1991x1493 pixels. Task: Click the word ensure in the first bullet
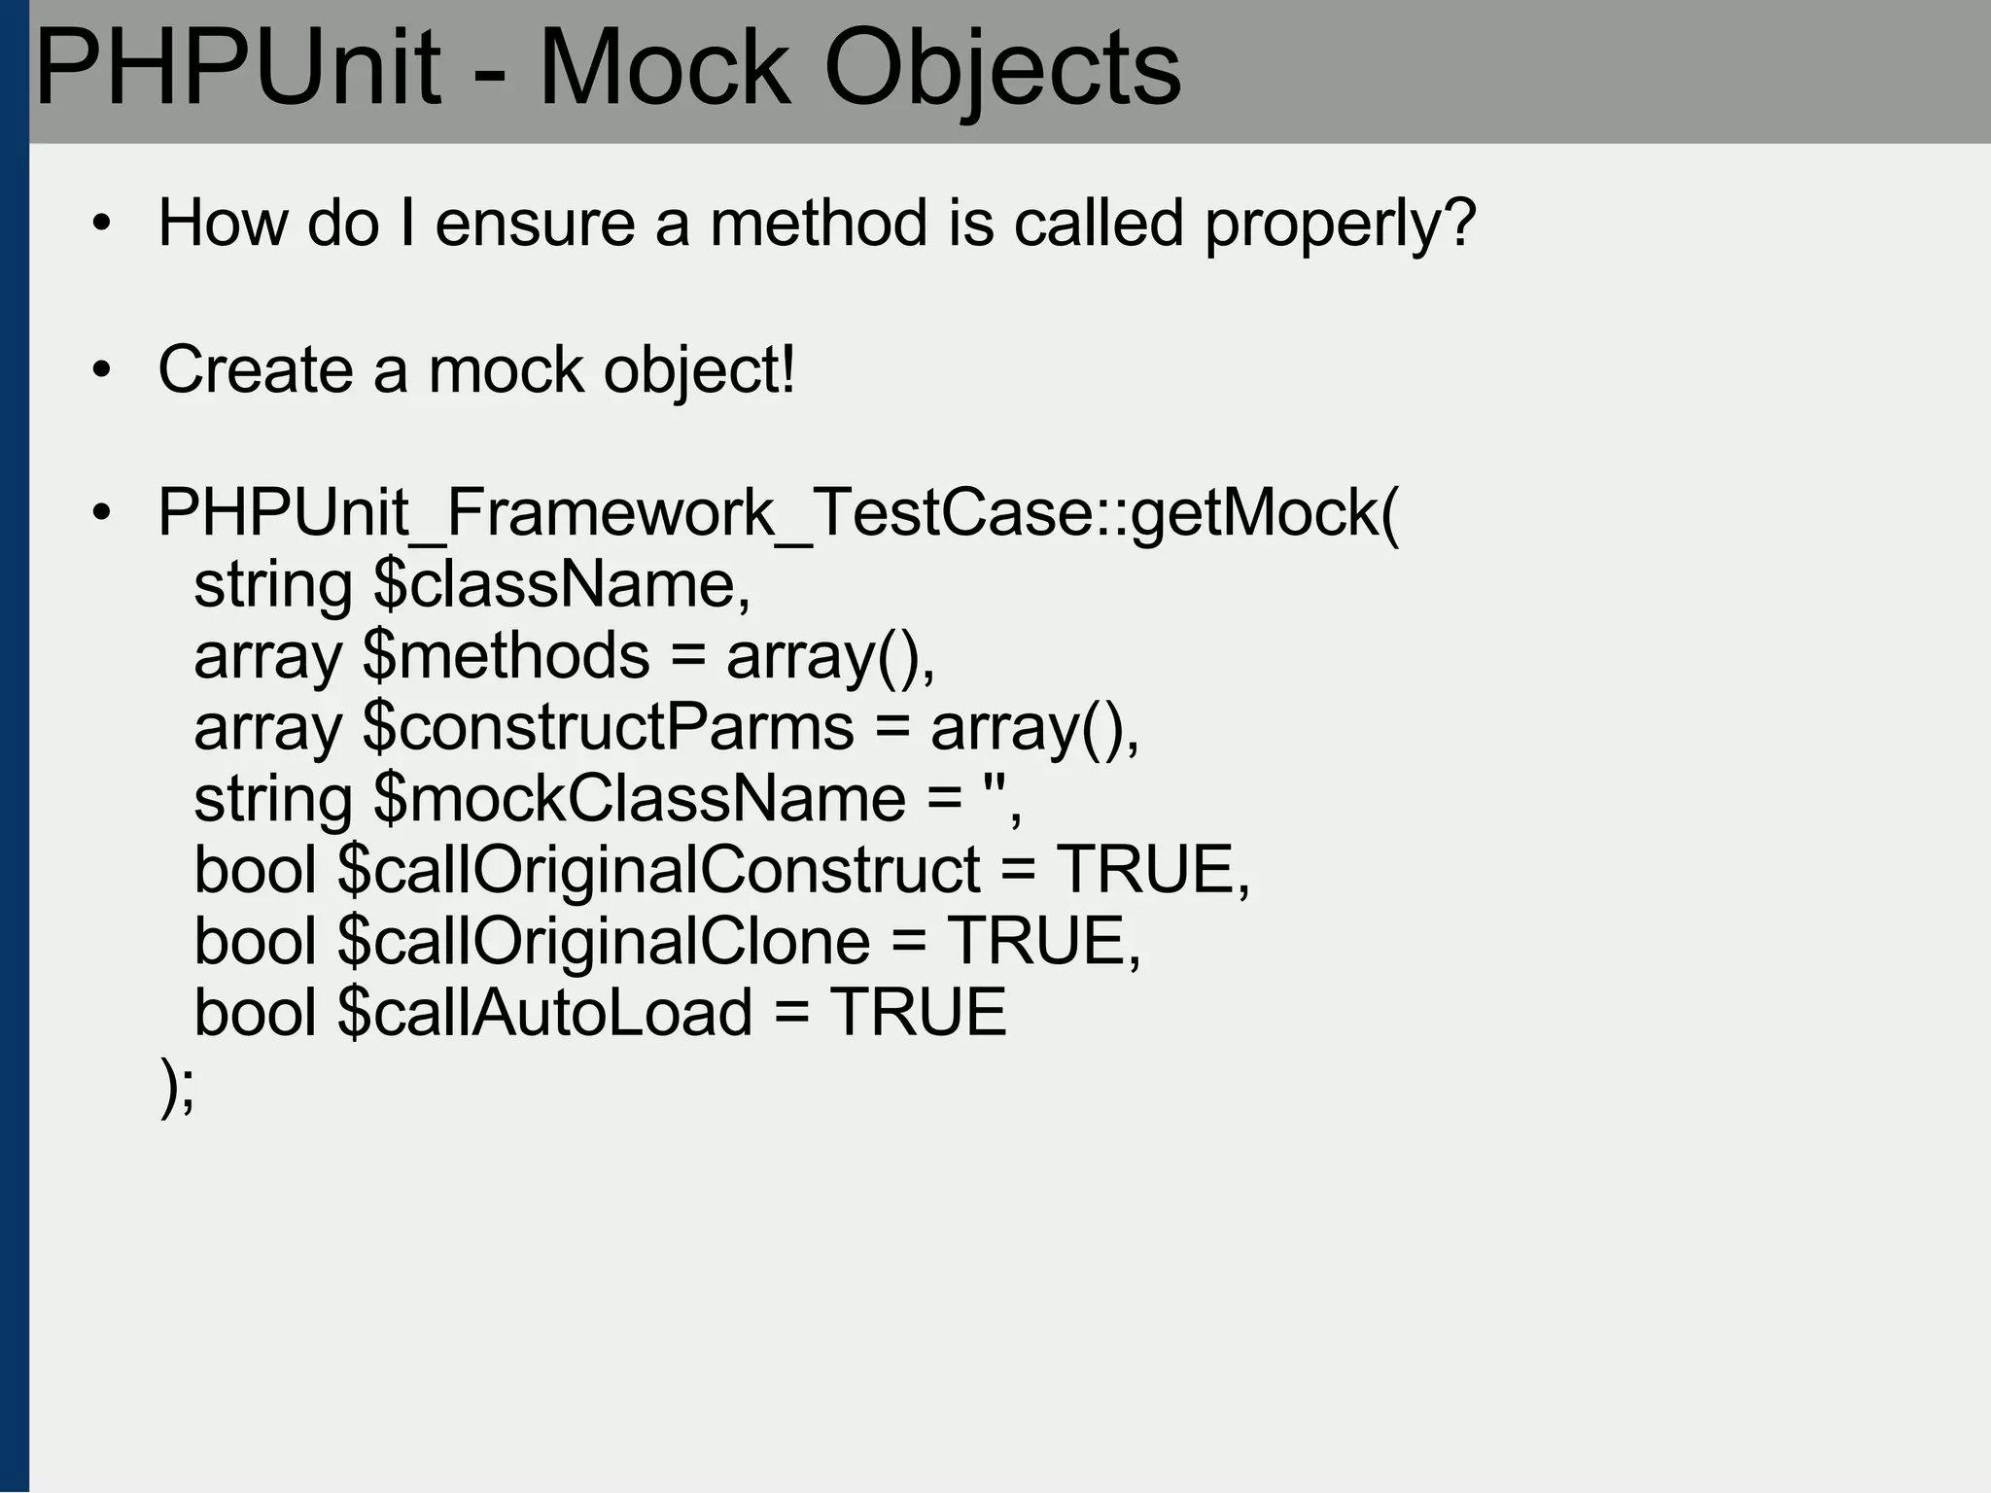[535, 224]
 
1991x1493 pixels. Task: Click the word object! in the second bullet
[699, 371]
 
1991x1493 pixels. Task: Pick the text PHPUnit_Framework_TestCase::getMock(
[779, 513]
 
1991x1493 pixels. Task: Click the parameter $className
[562, 585]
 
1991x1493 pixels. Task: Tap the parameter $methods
[506, 656]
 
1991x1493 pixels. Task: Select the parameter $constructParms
[608, 727]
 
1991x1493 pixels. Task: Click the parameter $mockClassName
[640, 799]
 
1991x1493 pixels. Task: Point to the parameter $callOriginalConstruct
[659, 870]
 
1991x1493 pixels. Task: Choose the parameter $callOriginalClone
[604, 941]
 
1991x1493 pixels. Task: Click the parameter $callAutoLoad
[545, 1013]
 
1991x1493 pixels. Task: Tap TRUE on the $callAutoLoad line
[918, 1013]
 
